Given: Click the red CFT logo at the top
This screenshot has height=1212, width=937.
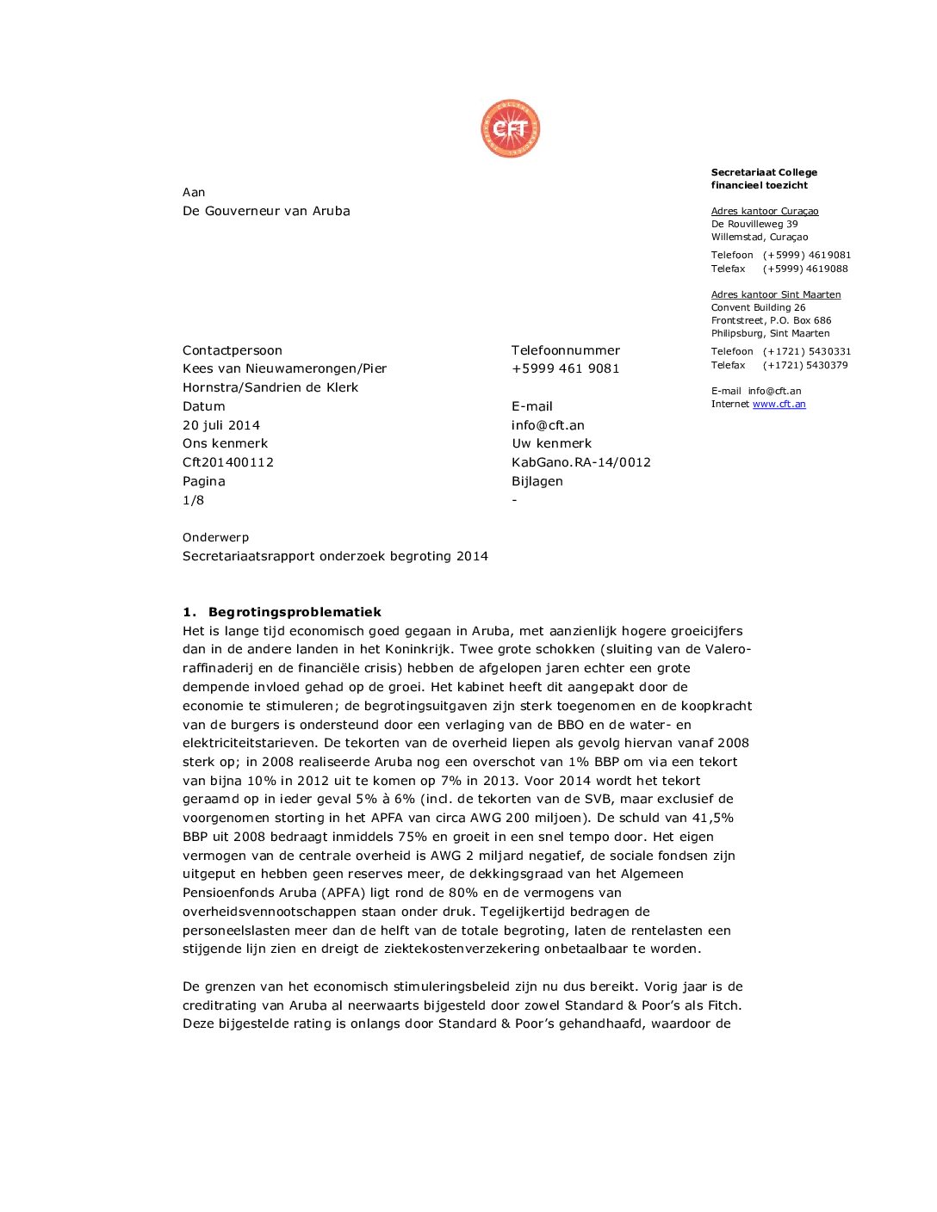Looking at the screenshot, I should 511,129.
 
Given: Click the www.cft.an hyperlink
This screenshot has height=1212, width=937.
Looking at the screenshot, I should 779,405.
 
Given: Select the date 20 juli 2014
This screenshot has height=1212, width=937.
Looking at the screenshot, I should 221,425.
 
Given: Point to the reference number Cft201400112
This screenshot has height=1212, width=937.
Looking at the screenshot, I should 228,462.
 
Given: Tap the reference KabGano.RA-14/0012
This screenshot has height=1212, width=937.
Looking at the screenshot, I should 581,462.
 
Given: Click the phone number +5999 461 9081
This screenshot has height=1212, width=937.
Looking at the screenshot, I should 566,368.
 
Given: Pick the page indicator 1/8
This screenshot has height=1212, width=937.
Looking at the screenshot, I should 193,500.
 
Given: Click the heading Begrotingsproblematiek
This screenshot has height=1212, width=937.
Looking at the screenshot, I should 295,612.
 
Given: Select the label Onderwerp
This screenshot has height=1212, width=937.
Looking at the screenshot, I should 215,537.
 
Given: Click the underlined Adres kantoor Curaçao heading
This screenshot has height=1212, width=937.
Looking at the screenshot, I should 765,211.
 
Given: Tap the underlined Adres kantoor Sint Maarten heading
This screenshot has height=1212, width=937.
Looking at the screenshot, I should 776,294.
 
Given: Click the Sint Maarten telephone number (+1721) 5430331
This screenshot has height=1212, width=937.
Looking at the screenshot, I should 807,351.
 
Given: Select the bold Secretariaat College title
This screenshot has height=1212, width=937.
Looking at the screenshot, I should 764,172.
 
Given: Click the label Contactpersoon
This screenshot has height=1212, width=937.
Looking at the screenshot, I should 233,350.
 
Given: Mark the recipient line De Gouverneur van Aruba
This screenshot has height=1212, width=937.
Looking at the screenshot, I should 266,211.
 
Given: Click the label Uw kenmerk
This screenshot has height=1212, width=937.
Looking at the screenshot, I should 552,443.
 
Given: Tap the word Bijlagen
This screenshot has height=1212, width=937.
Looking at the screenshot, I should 537,481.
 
